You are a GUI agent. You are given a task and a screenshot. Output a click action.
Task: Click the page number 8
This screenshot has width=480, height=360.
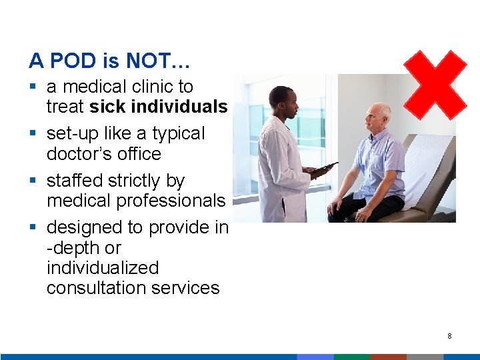(x=449, y=336)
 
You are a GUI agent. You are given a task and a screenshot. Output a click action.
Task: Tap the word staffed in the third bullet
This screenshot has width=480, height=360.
(x=75, y=181)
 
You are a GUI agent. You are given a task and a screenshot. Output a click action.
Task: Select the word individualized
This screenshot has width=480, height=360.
(x=103, y=268)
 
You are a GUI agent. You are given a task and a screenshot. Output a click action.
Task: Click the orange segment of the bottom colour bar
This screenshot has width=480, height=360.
(x=388, y=357)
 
